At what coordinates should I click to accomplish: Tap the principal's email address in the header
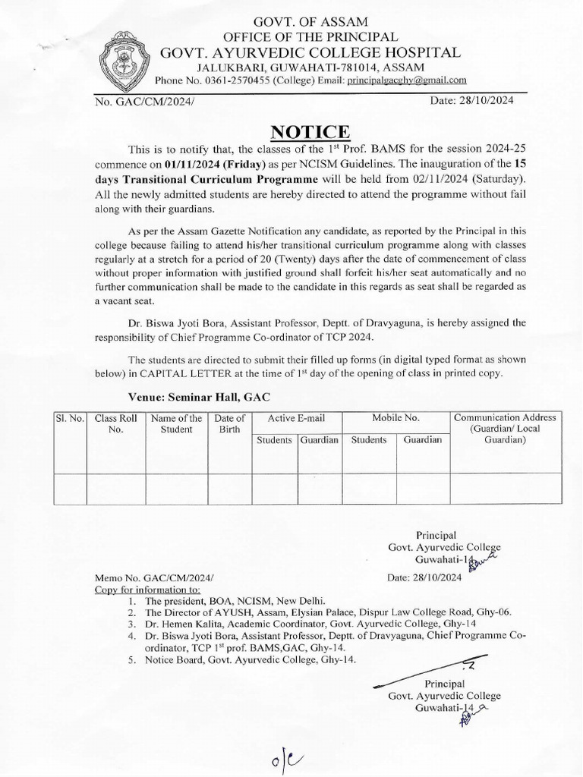click(407, 80)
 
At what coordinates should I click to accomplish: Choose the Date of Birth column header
click(229, 423)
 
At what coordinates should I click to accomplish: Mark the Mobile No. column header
click(395, 418)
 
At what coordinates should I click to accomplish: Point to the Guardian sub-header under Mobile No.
click(422, 440)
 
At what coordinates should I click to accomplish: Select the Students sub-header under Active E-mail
click(274, 440)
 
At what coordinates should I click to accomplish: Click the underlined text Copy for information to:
click(147, 589)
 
